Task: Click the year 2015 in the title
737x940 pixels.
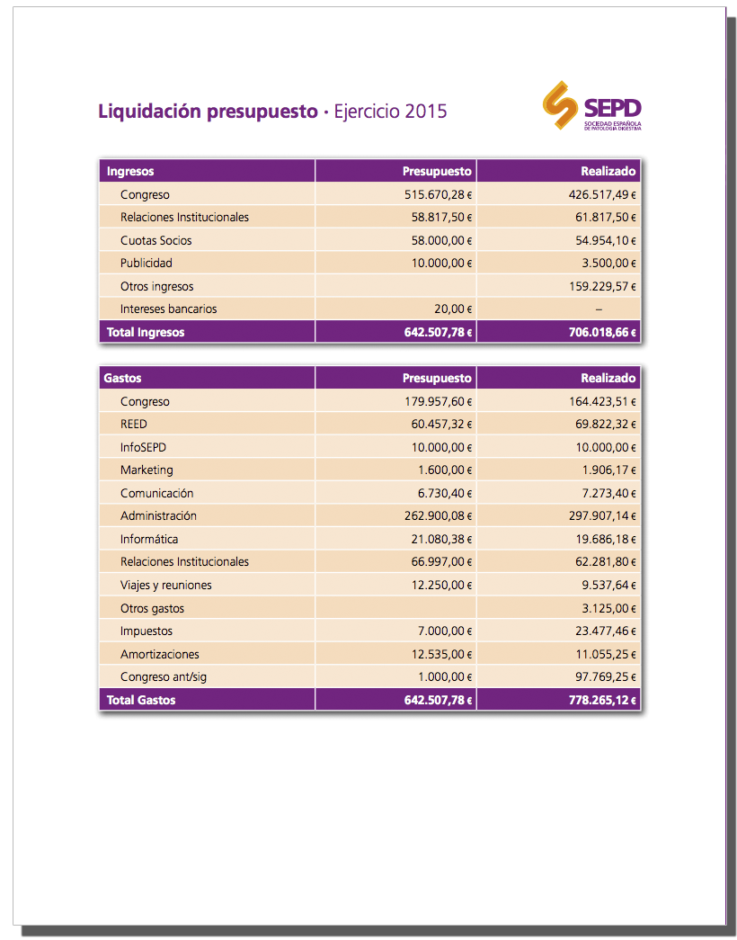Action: click(426, 112)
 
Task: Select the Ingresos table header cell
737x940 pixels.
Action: click(130, 171)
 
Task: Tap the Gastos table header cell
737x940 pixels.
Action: click(123, 378)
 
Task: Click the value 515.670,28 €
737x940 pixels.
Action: click(439, 194)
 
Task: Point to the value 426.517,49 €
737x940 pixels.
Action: click(600, 194)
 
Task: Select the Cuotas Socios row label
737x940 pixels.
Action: click(156, 240)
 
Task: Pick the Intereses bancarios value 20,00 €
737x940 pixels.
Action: click(454, 309)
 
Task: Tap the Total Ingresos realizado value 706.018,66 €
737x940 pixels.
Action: click(600, 332)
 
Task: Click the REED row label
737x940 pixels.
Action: click(134, 424)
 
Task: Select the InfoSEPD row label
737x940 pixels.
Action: click(143, 447)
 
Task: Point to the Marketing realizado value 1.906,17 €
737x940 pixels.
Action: click(605, 470)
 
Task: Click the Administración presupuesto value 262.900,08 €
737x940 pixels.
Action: click(439, 515)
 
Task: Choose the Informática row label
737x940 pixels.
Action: click(149, 539)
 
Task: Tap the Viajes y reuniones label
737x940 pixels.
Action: click(166, 585)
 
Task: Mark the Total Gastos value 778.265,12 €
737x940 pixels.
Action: click(602, 700)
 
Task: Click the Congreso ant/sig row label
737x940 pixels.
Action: click(164, 676)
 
